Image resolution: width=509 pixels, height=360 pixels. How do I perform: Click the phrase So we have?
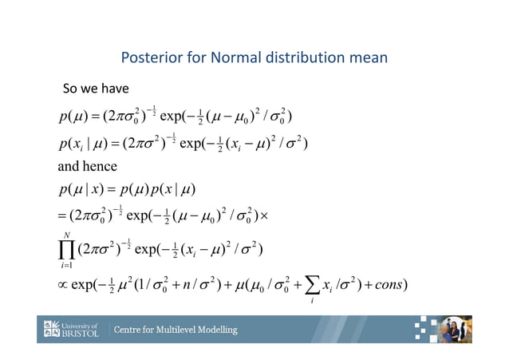[96, 87]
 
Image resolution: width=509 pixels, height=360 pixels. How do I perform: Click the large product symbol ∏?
[66, 250]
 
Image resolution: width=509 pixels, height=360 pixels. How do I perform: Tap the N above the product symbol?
[66, 232]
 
